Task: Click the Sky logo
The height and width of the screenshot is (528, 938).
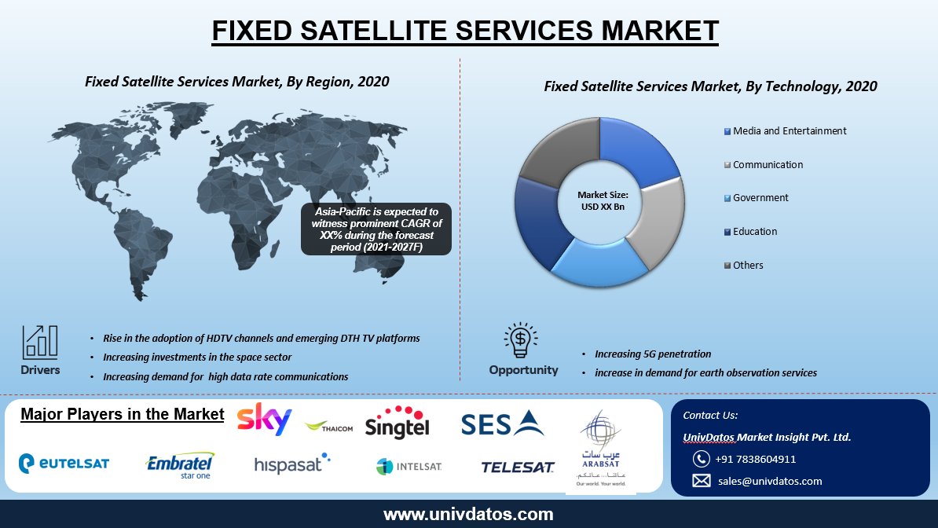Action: (264, 419)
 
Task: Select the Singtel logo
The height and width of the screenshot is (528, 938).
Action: (398, 422)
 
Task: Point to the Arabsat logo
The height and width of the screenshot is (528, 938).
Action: (601, 449)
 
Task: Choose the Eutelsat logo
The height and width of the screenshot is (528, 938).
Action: (64, 464)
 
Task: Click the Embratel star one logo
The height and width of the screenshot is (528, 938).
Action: (181, 464)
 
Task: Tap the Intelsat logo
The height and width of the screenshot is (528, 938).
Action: (409, 466)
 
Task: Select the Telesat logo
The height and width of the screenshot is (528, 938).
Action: (518, 467)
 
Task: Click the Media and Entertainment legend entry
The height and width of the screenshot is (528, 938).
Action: (786, 131)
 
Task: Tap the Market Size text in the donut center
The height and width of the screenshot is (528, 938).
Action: (603, 200)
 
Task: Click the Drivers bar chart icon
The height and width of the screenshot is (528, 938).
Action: (39, 343)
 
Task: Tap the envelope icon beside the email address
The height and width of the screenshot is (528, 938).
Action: (701, 481)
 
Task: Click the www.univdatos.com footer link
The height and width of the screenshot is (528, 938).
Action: (468, 515)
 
